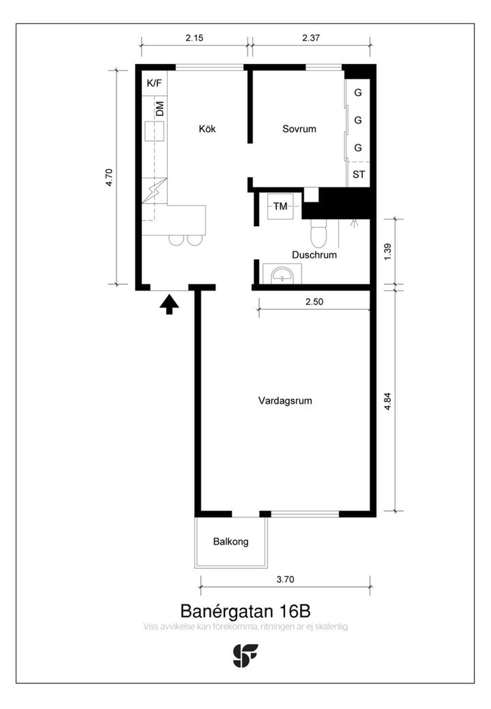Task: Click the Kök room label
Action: tap(207, 129)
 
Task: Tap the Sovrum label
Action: tap(299, 129)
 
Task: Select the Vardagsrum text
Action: tap(285, 401)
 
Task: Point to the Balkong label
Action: tap(231, 542)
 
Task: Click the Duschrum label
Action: tap(314, 255)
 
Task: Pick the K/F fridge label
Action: tap(154, 83)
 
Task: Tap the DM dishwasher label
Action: tap(160, 108)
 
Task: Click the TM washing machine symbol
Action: tap(281, 206)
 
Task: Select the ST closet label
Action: tap(358, 174)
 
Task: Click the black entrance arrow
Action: tap(169, 304)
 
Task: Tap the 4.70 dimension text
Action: tap(108, 177)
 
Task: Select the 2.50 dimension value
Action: tap(314, 302)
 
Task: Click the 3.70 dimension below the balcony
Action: tap(285, 579)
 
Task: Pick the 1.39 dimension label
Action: tap(387, 252)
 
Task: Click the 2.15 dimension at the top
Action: tap(194, 38)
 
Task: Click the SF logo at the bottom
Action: tap(245, 656)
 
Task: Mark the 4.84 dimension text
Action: tap(387, 401)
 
